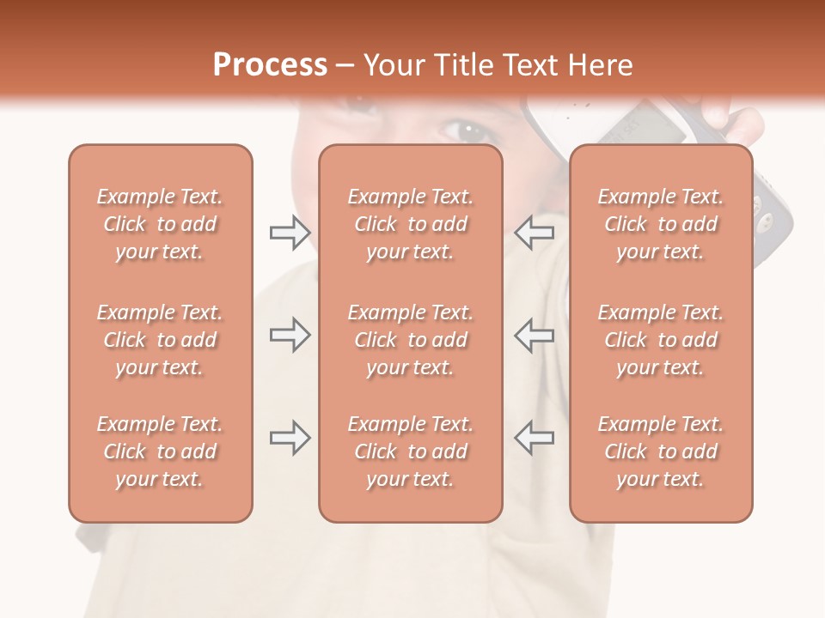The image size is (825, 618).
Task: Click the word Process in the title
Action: [x=270, y=65]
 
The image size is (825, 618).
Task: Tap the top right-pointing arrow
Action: [x=290, y=232]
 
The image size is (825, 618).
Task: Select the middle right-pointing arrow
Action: [x=290, y=335]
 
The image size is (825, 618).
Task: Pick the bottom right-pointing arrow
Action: [x=290, y=438]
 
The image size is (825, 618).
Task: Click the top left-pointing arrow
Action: [x=534, y=232]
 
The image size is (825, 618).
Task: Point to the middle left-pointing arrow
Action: [x=534, y=335]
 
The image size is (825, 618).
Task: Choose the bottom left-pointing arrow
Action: [x=534, y=438]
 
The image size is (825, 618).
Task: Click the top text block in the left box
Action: [x=160, y=224]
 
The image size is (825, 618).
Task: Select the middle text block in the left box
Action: [x=160, y=340]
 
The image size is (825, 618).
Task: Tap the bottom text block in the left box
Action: [x=160, y=451]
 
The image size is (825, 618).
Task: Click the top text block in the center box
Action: [x=410, y=224]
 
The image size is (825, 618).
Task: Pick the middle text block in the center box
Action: [x=410, y=340]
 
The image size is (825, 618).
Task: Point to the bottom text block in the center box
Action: [x=410, y=451]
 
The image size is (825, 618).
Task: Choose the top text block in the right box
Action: [x=660, y=224]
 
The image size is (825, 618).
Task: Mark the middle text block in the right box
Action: [x=660, y=340]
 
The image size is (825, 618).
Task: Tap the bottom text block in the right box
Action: [x=660, y=451]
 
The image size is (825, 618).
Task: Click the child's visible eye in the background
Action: [x=468, y=131]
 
